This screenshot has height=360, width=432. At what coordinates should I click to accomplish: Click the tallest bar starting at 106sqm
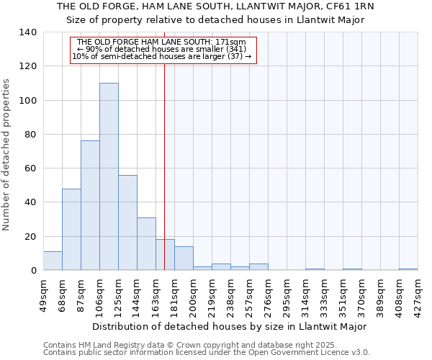tap(109, 176)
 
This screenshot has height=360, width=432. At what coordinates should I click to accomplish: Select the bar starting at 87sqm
tap(90, 205)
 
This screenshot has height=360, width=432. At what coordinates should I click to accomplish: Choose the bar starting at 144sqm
tap(146, 243)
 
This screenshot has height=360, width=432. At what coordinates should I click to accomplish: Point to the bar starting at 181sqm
tap(184, 258)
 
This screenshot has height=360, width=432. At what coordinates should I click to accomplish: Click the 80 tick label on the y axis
tap(31, 135)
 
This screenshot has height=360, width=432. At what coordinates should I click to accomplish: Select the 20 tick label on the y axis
tap(31, 237)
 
